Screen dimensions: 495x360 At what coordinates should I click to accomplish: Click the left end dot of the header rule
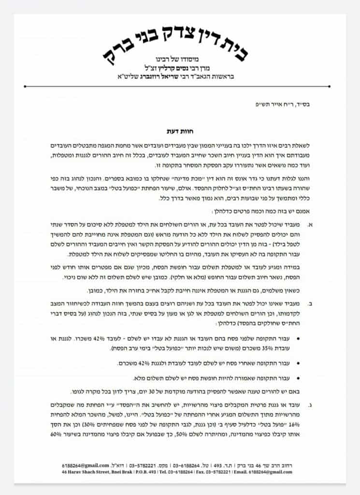25,87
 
